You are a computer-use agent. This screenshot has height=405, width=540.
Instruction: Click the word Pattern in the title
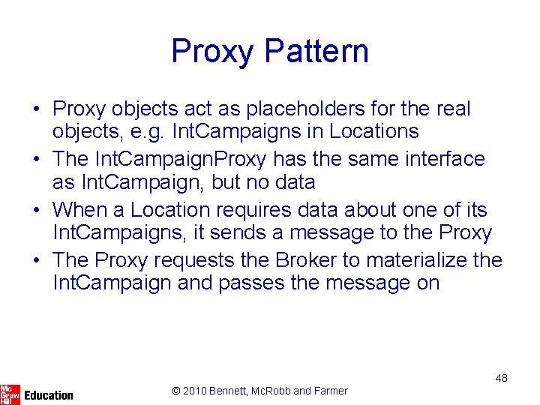coord(316,52)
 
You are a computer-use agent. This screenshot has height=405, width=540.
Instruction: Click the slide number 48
coord(501,378)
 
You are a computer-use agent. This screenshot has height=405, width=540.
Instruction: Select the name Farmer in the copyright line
coord(331,391)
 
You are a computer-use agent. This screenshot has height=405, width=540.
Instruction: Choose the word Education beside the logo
coord(49,395)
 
